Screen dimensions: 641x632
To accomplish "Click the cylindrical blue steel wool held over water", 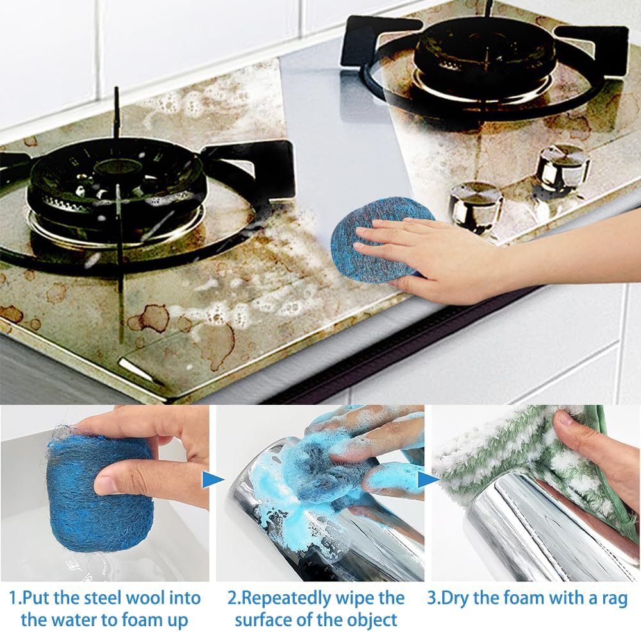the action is point(99,496).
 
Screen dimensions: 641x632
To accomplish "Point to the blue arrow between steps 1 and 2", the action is point(213,480).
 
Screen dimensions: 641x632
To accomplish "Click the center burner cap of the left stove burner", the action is point(115,168).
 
